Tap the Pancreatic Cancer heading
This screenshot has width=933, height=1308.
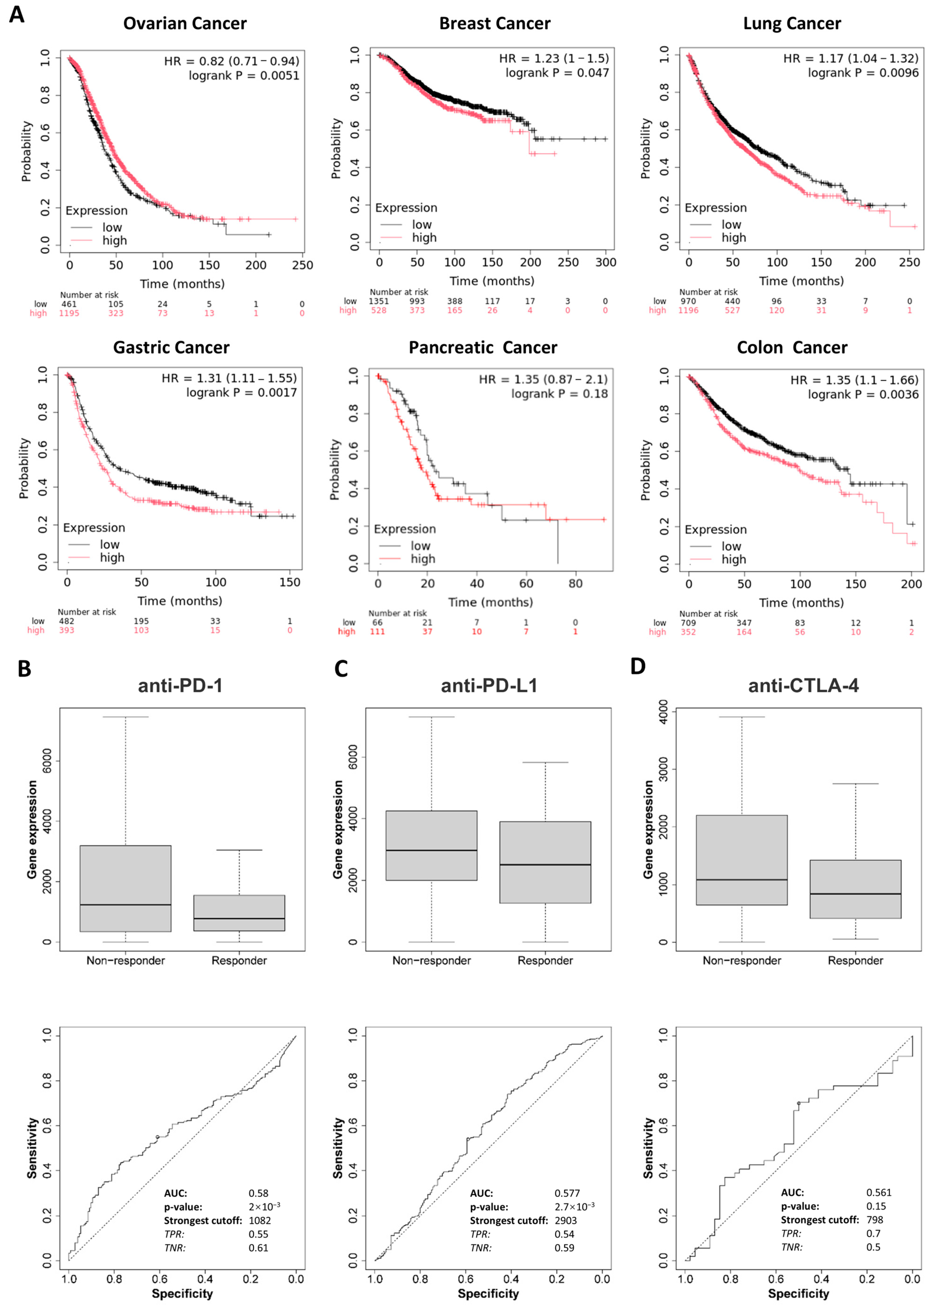(482, 348)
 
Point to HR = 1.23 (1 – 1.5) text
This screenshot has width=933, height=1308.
(554, 58)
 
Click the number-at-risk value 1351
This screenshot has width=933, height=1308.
(379, 301)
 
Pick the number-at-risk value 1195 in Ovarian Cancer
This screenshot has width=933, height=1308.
(69, 313)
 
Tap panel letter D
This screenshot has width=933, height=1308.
(638, 666)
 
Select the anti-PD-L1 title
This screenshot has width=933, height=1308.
(489, 685)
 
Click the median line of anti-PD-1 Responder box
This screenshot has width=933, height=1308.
(239, 919)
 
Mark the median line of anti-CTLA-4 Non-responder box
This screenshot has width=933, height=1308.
(742, 880)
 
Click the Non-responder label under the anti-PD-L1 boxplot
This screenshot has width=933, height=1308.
(431, 960)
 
